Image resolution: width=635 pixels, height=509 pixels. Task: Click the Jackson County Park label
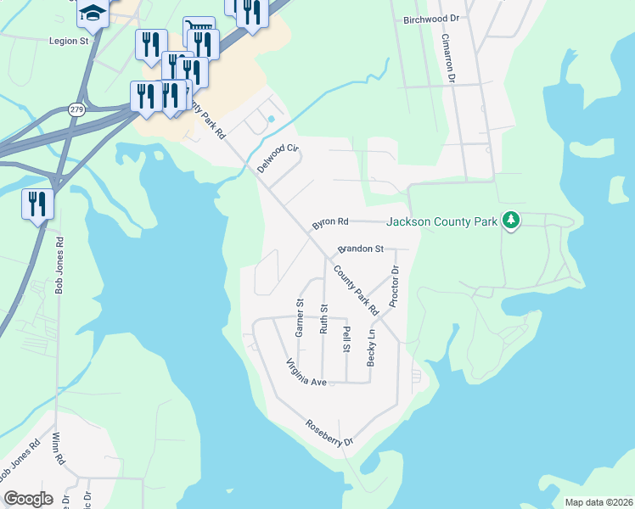[441, 222]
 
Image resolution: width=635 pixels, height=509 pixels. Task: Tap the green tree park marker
[510, 221]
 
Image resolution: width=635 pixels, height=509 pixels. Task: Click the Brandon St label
[362, 249]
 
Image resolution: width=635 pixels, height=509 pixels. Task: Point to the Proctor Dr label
[394, 287]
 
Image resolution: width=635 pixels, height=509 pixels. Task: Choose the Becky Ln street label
[371, 348]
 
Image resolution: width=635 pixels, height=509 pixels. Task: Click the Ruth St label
[323, 319]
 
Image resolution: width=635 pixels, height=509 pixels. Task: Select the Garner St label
[300, 318]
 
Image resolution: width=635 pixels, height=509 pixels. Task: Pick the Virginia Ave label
[306, 372]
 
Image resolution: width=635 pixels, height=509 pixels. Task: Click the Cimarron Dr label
[451, 59]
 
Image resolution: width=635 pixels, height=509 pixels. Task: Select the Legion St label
[69, 40]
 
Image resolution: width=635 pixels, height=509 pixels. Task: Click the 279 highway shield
[76, 109]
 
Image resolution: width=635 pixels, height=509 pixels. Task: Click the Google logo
[28, 499]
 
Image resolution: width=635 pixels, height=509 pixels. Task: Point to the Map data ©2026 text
[598, 502]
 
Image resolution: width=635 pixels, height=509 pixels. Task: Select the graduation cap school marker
[93, 12]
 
